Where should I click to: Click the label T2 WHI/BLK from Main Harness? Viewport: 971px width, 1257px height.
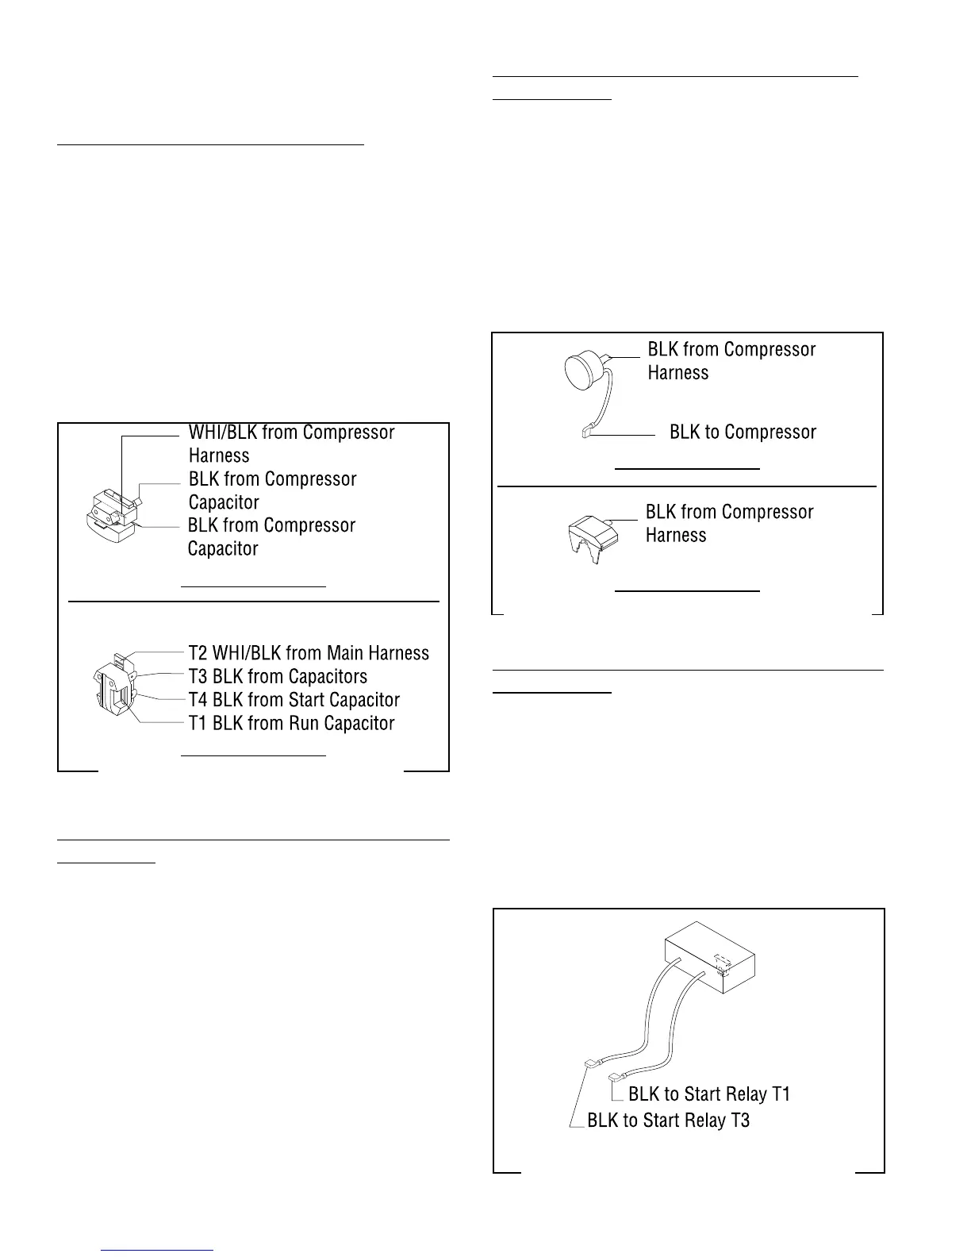tap(309, 653)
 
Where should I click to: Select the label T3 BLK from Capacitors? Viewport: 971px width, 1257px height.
tap(278, 677)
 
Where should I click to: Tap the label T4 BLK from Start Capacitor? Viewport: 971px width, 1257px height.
tap(294, 700)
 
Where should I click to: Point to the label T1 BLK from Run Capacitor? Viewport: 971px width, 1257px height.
tap(291, 724)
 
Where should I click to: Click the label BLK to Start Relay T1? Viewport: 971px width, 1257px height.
tap(709, 1095)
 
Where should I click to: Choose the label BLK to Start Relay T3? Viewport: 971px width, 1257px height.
tap(668, 1121)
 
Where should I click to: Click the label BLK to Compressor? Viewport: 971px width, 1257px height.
tap(743, 432)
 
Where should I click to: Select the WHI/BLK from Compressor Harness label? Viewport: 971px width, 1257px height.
tap(291, 444)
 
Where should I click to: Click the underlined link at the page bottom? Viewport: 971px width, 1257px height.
tap(158, 1250)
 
